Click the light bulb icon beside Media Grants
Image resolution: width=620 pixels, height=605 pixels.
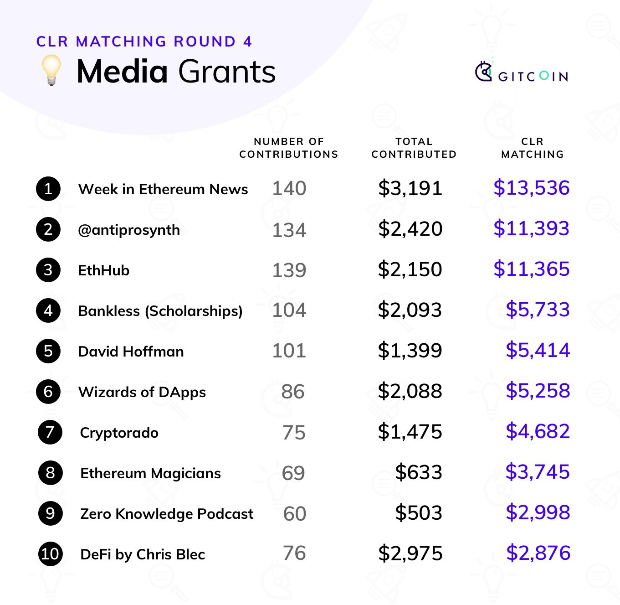(51, 70)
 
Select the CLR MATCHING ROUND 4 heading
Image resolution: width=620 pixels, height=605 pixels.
(144, 41)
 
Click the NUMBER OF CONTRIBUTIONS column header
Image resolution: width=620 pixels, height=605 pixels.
(289, 148)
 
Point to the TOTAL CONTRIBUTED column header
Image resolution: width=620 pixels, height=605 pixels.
(414, 148)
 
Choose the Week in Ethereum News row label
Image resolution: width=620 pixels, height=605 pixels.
(163, 189)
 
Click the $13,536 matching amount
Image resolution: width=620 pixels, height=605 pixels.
(531, 188)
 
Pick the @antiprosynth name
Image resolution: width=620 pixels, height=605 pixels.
(129, 230)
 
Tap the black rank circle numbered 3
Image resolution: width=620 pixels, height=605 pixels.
(48, 270)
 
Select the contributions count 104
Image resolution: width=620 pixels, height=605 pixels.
(289, 310)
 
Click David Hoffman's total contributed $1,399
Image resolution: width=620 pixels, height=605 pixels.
(410, 351)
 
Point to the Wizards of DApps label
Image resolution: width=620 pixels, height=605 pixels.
(142, 392)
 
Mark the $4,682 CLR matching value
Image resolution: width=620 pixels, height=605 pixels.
(538, 431)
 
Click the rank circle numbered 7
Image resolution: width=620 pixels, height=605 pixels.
(50, 432)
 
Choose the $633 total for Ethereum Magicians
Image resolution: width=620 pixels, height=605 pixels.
(419, 472)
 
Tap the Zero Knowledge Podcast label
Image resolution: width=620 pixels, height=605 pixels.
(167, 514)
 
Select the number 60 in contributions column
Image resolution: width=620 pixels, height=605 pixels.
(295, 514)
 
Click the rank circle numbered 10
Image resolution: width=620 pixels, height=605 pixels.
(50, 554)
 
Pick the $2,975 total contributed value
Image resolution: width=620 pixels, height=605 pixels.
(410, 553)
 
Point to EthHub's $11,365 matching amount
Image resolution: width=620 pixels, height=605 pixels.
(531, 269)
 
